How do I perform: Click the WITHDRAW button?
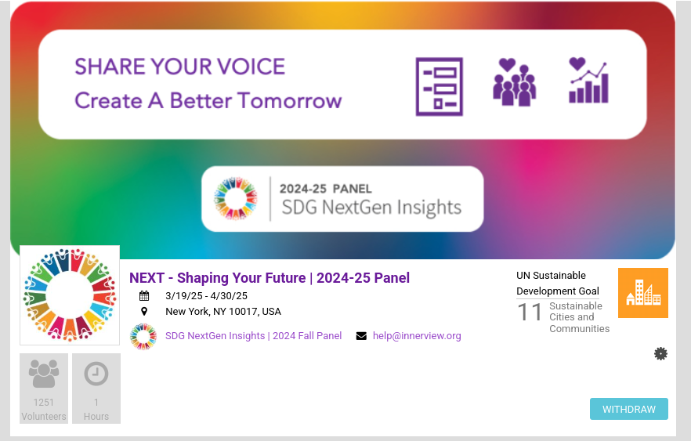629,409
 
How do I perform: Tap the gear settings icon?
660,354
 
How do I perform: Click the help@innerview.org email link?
417,336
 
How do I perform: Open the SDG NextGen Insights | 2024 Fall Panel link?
253,336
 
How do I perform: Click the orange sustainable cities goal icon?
643,293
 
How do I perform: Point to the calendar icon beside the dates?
144,295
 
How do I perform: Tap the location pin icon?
144,312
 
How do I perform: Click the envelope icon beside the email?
361,336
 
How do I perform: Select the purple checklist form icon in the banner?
440,87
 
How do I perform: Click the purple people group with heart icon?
514,82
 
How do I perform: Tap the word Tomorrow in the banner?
290,101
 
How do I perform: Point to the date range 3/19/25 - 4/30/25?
206,296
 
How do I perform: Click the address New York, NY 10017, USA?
223,312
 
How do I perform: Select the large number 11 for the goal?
530,313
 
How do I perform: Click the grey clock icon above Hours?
96,374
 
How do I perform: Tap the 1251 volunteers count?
44,403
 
